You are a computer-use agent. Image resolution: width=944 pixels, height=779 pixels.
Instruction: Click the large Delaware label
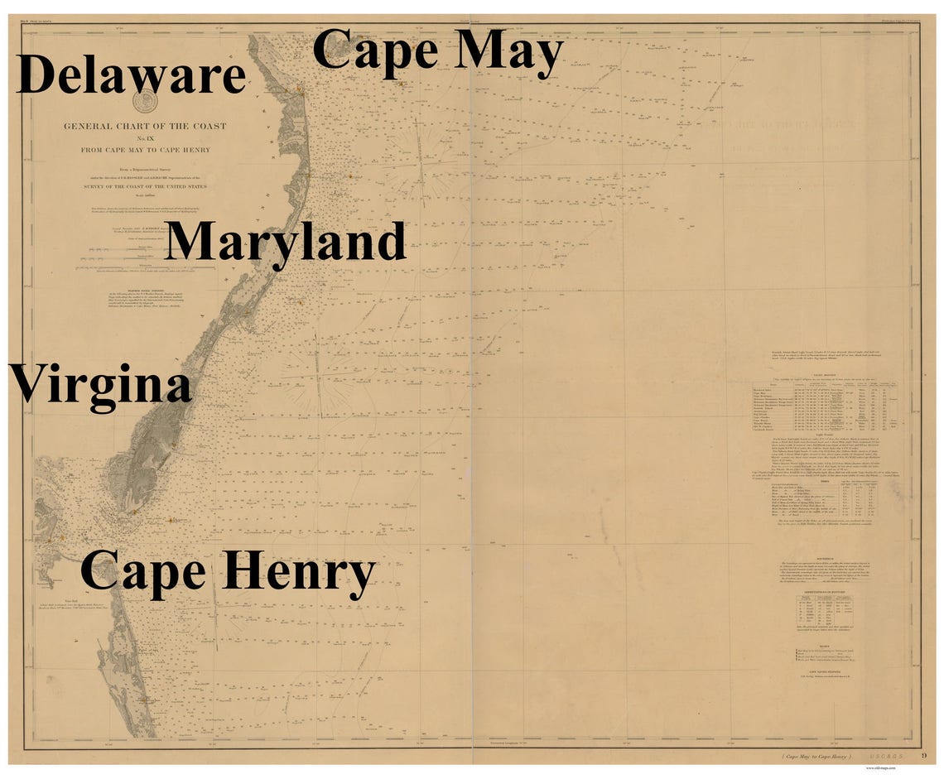(131, 75)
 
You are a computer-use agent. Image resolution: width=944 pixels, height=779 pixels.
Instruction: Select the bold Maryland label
(285, 242)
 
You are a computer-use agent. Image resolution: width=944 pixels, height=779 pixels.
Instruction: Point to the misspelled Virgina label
(101, 386)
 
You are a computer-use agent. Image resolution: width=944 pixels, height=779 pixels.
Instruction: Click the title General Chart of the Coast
(145, 127)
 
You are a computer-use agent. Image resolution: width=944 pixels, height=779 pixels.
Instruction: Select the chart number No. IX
(145, 138)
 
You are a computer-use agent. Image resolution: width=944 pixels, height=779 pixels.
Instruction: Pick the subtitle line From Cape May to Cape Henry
(145, 150)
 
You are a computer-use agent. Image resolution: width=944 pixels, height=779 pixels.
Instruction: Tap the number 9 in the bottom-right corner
(924, 755)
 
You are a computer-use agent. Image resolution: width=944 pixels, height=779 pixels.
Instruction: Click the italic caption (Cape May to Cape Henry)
(816, 757)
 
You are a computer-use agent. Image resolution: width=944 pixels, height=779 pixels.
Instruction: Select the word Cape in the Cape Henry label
(142, 571)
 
